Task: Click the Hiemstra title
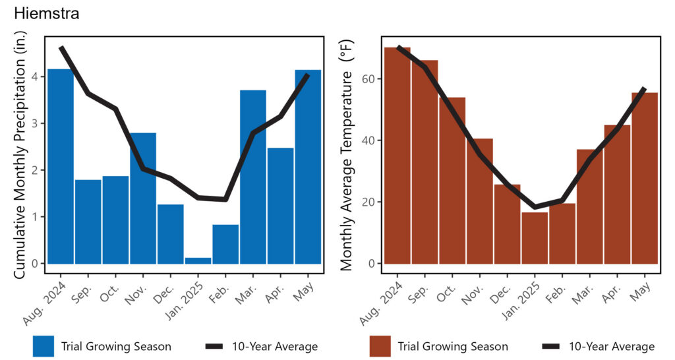pos(47,13)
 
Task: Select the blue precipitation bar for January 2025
pos(198,260)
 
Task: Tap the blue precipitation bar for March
pos(253,177)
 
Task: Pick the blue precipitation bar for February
pos(225,244)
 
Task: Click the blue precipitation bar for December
pos(171,234)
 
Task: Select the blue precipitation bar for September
pos(88,222)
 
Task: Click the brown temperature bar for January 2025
pos(535,238)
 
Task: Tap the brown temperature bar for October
pos(452,181)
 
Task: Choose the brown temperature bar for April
pos(617,195)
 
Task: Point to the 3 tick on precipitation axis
pos(35,123)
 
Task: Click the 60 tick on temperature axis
pos(369,79)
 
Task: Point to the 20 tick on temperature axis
pos(369,202)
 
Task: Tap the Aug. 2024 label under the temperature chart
pos(381,303)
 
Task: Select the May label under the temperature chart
pos(640,291)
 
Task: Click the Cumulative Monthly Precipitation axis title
pos(20,154)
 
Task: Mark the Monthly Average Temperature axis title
pos(347,155)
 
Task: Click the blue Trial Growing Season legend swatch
pos(44,346)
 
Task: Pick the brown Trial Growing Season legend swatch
pos(380,346)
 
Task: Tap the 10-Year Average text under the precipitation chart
pos(275,346)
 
